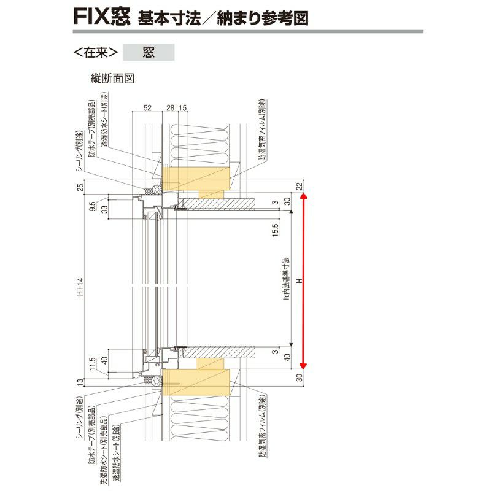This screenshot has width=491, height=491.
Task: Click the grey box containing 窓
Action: click(x=149, y=52)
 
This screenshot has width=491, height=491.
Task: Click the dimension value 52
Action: click(x=147, y=108)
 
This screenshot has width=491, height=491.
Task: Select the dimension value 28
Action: click(x=170, y=108)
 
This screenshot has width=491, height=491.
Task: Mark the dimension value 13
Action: click(x=80, y=383)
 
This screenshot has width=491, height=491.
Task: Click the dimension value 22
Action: click(x=299, y=186)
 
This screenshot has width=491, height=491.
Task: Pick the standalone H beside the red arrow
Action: click(x=299, y=280)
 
